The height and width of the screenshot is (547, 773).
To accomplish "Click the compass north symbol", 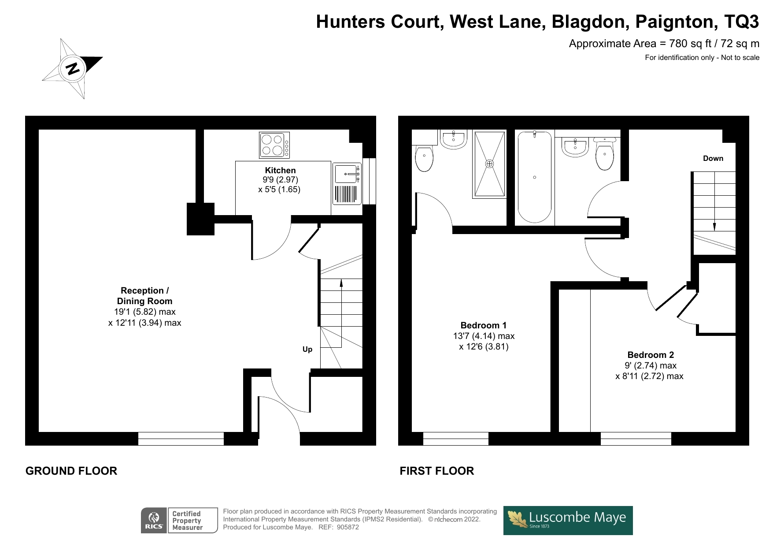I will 73,69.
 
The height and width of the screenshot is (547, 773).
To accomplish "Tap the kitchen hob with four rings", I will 274,145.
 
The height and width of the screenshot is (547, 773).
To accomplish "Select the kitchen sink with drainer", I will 347,183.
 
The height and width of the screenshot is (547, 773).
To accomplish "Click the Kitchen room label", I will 280,171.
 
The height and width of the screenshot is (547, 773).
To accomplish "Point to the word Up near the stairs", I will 307,350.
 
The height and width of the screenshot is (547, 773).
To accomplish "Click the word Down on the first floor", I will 713,159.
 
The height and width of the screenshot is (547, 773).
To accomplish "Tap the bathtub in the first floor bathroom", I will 534,177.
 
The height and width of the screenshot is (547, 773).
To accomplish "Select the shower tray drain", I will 489,164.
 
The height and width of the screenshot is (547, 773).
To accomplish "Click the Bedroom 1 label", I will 483,326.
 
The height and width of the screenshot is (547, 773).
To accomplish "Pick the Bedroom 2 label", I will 650,355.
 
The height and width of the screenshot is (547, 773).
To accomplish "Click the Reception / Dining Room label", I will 144,296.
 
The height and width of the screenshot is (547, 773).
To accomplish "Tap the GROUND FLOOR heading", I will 71,471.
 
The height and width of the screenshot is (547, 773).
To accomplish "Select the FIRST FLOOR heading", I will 436,471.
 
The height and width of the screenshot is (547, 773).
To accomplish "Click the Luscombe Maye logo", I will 568,520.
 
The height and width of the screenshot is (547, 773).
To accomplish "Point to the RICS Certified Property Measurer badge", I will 179,521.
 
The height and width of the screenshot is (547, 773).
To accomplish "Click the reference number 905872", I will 348,527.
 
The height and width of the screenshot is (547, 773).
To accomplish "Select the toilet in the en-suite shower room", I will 424,159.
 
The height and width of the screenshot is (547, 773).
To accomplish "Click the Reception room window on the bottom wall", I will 181,439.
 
